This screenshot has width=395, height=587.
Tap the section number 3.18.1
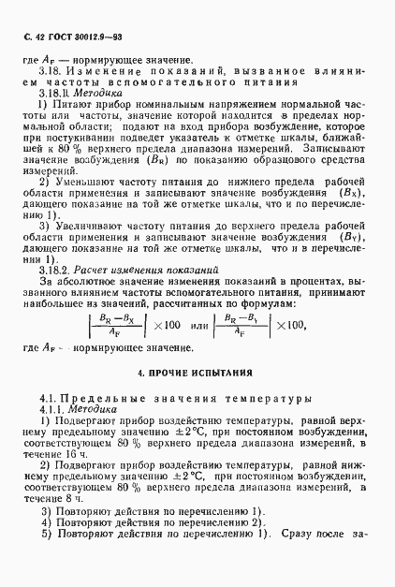click(x=55, y=94)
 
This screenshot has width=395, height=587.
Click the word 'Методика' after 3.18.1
click(x=100, y=94)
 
